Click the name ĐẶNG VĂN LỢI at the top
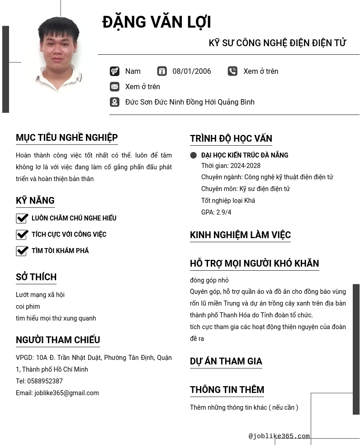pos(156,22)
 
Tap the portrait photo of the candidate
pos(58,54)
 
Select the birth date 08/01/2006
pos(191,72)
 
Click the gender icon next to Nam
pos(114,72)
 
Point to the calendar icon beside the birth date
pos(162,72)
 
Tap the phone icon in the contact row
pos(232,72)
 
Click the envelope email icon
pos(114,87)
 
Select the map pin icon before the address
pos(114,102)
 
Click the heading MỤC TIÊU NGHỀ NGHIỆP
pos(66,138)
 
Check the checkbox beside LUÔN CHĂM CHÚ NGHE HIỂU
pos(22,219)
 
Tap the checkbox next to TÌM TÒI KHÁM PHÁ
pos(22,251)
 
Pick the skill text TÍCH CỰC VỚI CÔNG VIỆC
pos(69,234)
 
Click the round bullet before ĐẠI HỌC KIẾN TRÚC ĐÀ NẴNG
pos(194,155)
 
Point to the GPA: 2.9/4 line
pos(216,212)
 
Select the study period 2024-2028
pos(245,166)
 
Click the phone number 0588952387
pos(45,381)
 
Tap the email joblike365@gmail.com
pos(66,393)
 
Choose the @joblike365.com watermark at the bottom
pos(279,436)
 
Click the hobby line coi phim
pos(28,306)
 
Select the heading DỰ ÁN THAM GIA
pos(226,361)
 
